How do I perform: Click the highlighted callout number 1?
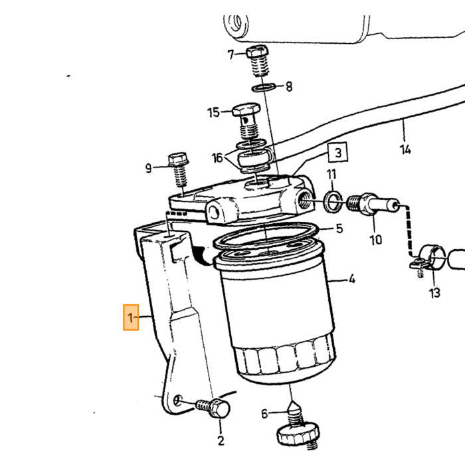coord(131,318)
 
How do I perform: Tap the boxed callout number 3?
coord(337,153)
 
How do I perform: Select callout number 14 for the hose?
coord(405,149)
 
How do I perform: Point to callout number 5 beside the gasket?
coord(339,229)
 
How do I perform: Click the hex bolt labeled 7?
coord(258,60)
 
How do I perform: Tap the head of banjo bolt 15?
coord(246,110)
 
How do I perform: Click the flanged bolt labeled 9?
coord(179,169)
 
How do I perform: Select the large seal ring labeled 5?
coord(266,235)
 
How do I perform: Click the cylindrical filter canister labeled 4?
coord(276,314)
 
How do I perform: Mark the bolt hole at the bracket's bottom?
coord(177,401)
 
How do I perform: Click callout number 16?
coord(217,158)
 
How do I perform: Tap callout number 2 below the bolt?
coord(221,441)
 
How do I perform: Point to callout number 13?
coord(434,293)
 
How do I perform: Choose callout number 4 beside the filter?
coord(351,279)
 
